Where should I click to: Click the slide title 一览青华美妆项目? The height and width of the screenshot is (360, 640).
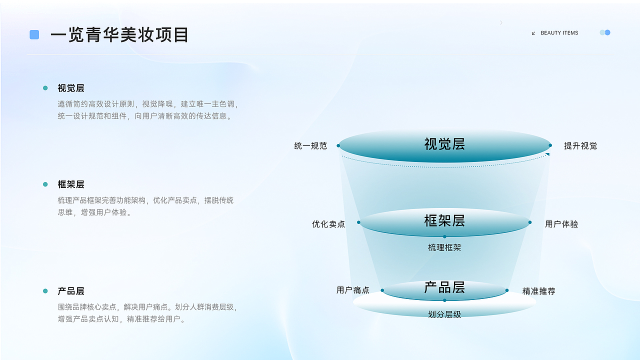pyautogui.click(x=119, y=35)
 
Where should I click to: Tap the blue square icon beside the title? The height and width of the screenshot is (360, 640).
pyautogui.click(x=34, y=34)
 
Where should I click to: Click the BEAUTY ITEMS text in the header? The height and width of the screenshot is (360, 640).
pyautogui.click(x=559, y=33)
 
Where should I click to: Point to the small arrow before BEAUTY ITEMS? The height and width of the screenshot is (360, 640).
pyautogui.click(x=533, y=33)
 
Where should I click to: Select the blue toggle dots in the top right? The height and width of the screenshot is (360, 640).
pyautogui.click(x=605, y=32)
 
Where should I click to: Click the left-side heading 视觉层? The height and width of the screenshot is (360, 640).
pyautogui.click(x=71, y=88)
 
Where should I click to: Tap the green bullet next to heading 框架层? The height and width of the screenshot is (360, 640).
pyautogui.click(x=45, y=184)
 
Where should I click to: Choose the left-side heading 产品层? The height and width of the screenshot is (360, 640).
pyautogui.click(x=71, y=291)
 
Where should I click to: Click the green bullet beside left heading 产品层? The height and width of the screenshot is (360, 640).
pyautogui.click(x=45, y=291)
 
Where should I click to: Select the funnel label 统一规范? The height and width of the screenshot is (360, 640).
pyautogui.click(x=310, y=146)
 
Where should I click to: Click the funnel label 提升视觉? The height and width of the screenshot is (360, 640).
pyautogui.click(x=580, y=146)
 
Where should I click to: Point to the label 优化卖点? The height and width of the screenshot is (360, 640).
pyautogui.click(x=328, y=224)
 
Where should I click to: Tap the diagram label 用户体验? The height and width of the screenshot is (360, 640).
pyautogui.click(x=561, y=224)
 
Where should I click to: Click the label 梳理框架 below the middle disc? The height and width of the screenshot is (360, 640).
pyautogui.click(x=444, y=247)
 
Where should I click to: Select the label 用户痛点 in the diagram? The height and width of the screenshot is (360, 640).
pyautogui.click(x=353, y=290)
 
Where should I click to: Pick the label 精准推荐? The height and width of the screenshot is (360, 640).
pyautogui.click(x=539, y=291)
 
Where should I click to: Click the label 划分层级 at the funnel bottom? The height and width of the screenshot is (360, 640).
pyautogui.click(x=444, y=314)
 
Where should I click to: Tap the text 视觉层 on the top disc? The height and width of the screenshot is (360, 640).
pyautogui.click(x=444, y=144)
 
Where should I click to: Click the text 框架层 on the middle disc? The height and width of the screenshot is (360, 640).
pyautogui.click(x=444, y=220)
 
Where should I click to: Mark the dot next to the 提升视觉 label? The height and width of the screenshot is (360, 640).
pyautogui.click(x=550, y=145)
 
